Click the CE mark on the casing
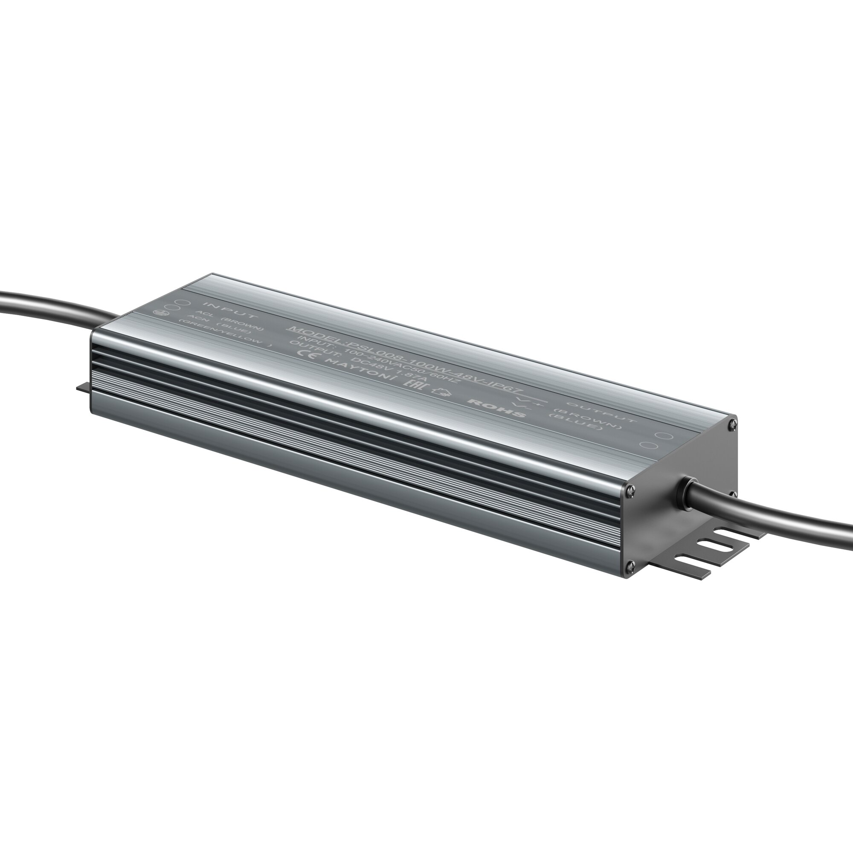(x=308, y=354)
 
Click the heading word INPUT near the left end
(x=229, y=310)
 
